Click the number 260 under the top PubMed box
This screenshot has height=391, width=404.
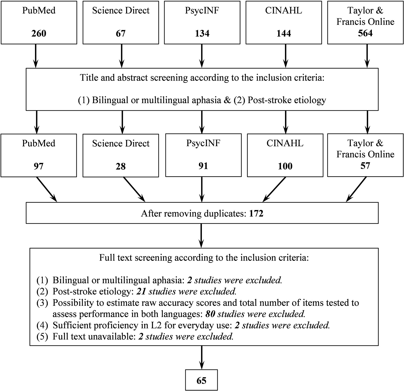click(x=39, y=33)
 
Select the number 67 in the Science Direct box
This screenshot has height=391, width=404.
click(x=121, y=33)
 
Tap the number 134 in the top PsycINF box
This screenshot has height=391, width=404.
click(x=202, y=33)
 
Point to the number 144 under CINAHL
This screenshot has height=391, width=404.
click(x=284, y=33)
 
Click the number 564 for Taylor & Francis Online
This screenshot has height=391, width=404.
click(x=365, y=33)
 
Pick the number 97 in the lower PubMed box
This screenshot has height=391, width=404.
click(x=38, y=166)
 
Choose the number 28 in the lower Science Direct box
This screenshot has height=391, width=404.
click(x=121, y=166)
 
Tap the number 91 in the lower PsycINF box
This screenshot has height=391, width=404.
click(x=203, y=166)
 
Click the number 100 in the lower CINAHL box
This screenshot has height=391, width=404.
click(x=285, y=166)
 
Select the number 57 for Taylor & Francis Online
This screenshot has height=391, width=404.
click(x=365, y=166)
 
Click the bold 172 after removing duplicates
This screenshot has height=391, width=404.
click(x=256, y=214)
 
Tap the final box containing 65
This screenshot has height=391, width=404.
click(x=201, y=380)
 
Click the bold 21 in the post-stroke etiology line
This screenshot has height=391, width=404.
click(x=141, y=291)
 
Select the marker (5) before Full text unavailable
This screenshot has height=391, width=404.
click(x=42, y=336)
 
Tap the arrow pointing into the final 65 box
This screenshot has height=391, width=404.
click(x=201, y=357)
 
